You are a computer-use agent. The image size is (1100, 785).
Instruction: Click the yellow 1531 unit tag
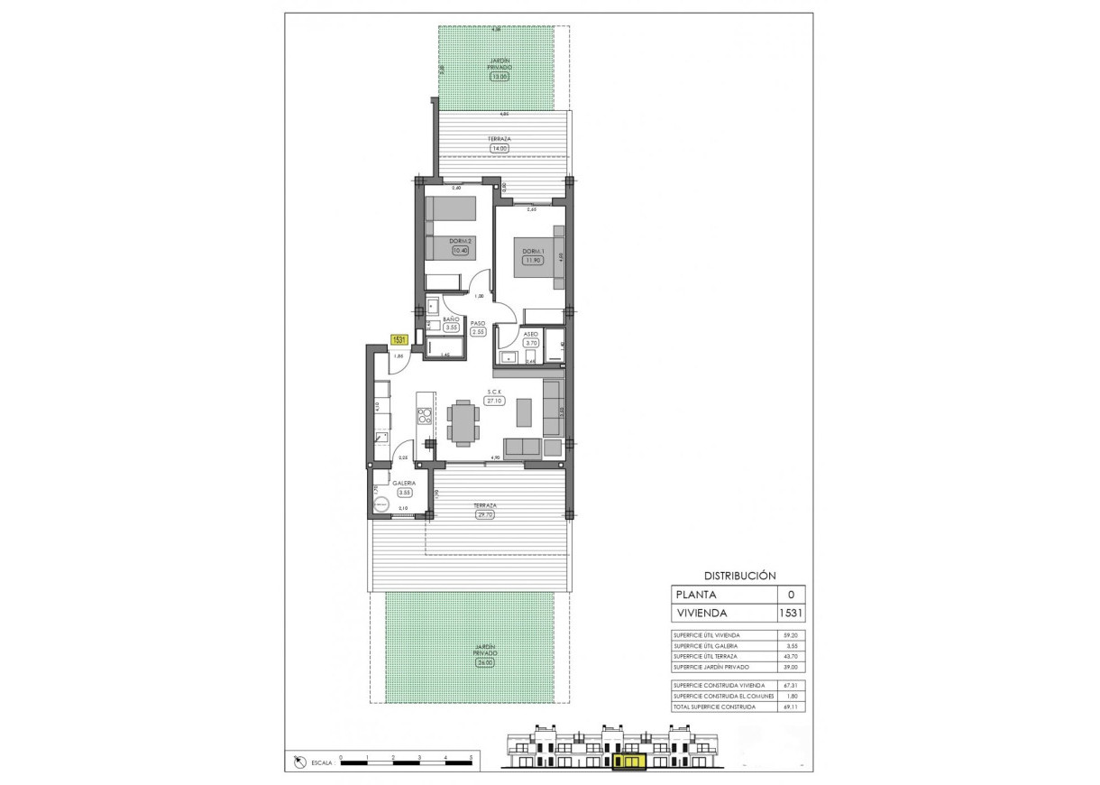(399, 340)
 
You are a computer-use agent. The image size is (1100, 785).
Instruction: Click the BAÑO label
(452, 320)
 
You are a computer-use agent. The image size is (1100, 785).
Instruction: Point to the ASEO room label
(531, 333)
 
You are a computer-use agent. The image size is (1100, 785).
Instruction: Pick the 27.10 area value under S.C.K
(494, 402)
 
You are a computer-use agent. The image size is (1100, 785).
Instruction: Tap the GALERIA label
(403, 483)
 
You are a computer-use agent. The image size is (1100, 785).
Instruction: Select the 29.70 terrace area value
(487, 515)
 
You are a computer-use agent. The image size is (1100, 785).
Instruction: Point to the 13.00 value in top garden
(499, 77)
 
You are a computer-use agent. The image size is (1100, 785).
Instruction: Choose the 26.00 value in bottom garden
(487, 664)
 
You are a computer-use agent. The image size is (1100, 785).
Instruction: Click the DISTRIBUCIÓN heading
(739, 575)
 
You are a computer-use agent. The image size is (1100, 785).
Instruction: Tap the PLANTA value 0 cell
(791, 595)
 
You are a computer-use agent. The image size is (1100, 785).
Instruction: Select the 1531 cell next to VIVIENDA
(791, 614)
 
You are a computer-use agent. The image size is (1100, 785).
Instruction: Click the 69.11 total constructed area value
(790, 707)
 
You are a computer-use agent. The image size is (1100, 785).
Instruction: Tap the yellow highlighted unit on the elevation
(628, 762)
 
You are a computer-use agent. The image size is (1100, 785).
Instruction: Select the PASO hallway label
(478, 323)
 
